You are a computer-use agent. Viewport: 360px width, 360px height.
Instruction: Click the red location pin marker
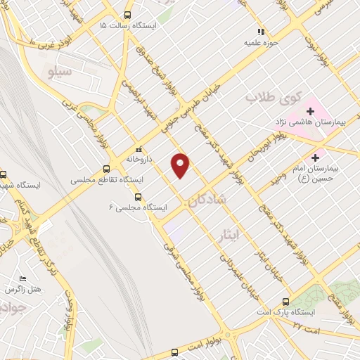181,165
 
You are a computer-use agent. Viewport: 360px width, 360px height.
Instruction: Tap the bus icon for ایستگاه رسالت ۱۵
127,15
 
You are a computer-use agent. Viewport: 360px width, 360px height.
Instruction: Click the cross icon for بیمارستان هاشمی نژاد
309,111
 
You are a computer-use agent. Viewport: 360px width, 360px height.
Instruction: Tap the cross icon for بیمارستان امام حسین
316,157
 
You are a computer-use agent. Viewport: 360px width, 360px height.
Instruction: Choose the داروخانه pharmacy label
139,159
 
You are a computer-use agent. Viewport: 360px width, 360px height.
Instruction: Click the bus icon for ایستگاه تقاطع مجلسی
106,169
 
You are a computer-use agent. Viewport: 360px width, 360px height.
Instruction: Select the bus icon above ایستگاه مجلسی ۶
138,198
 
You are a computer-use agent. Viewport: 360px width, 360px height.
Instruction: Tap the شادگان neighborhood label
208,200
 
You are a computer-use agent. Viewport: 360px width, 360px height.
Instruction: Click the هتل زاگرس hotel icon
23,279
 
